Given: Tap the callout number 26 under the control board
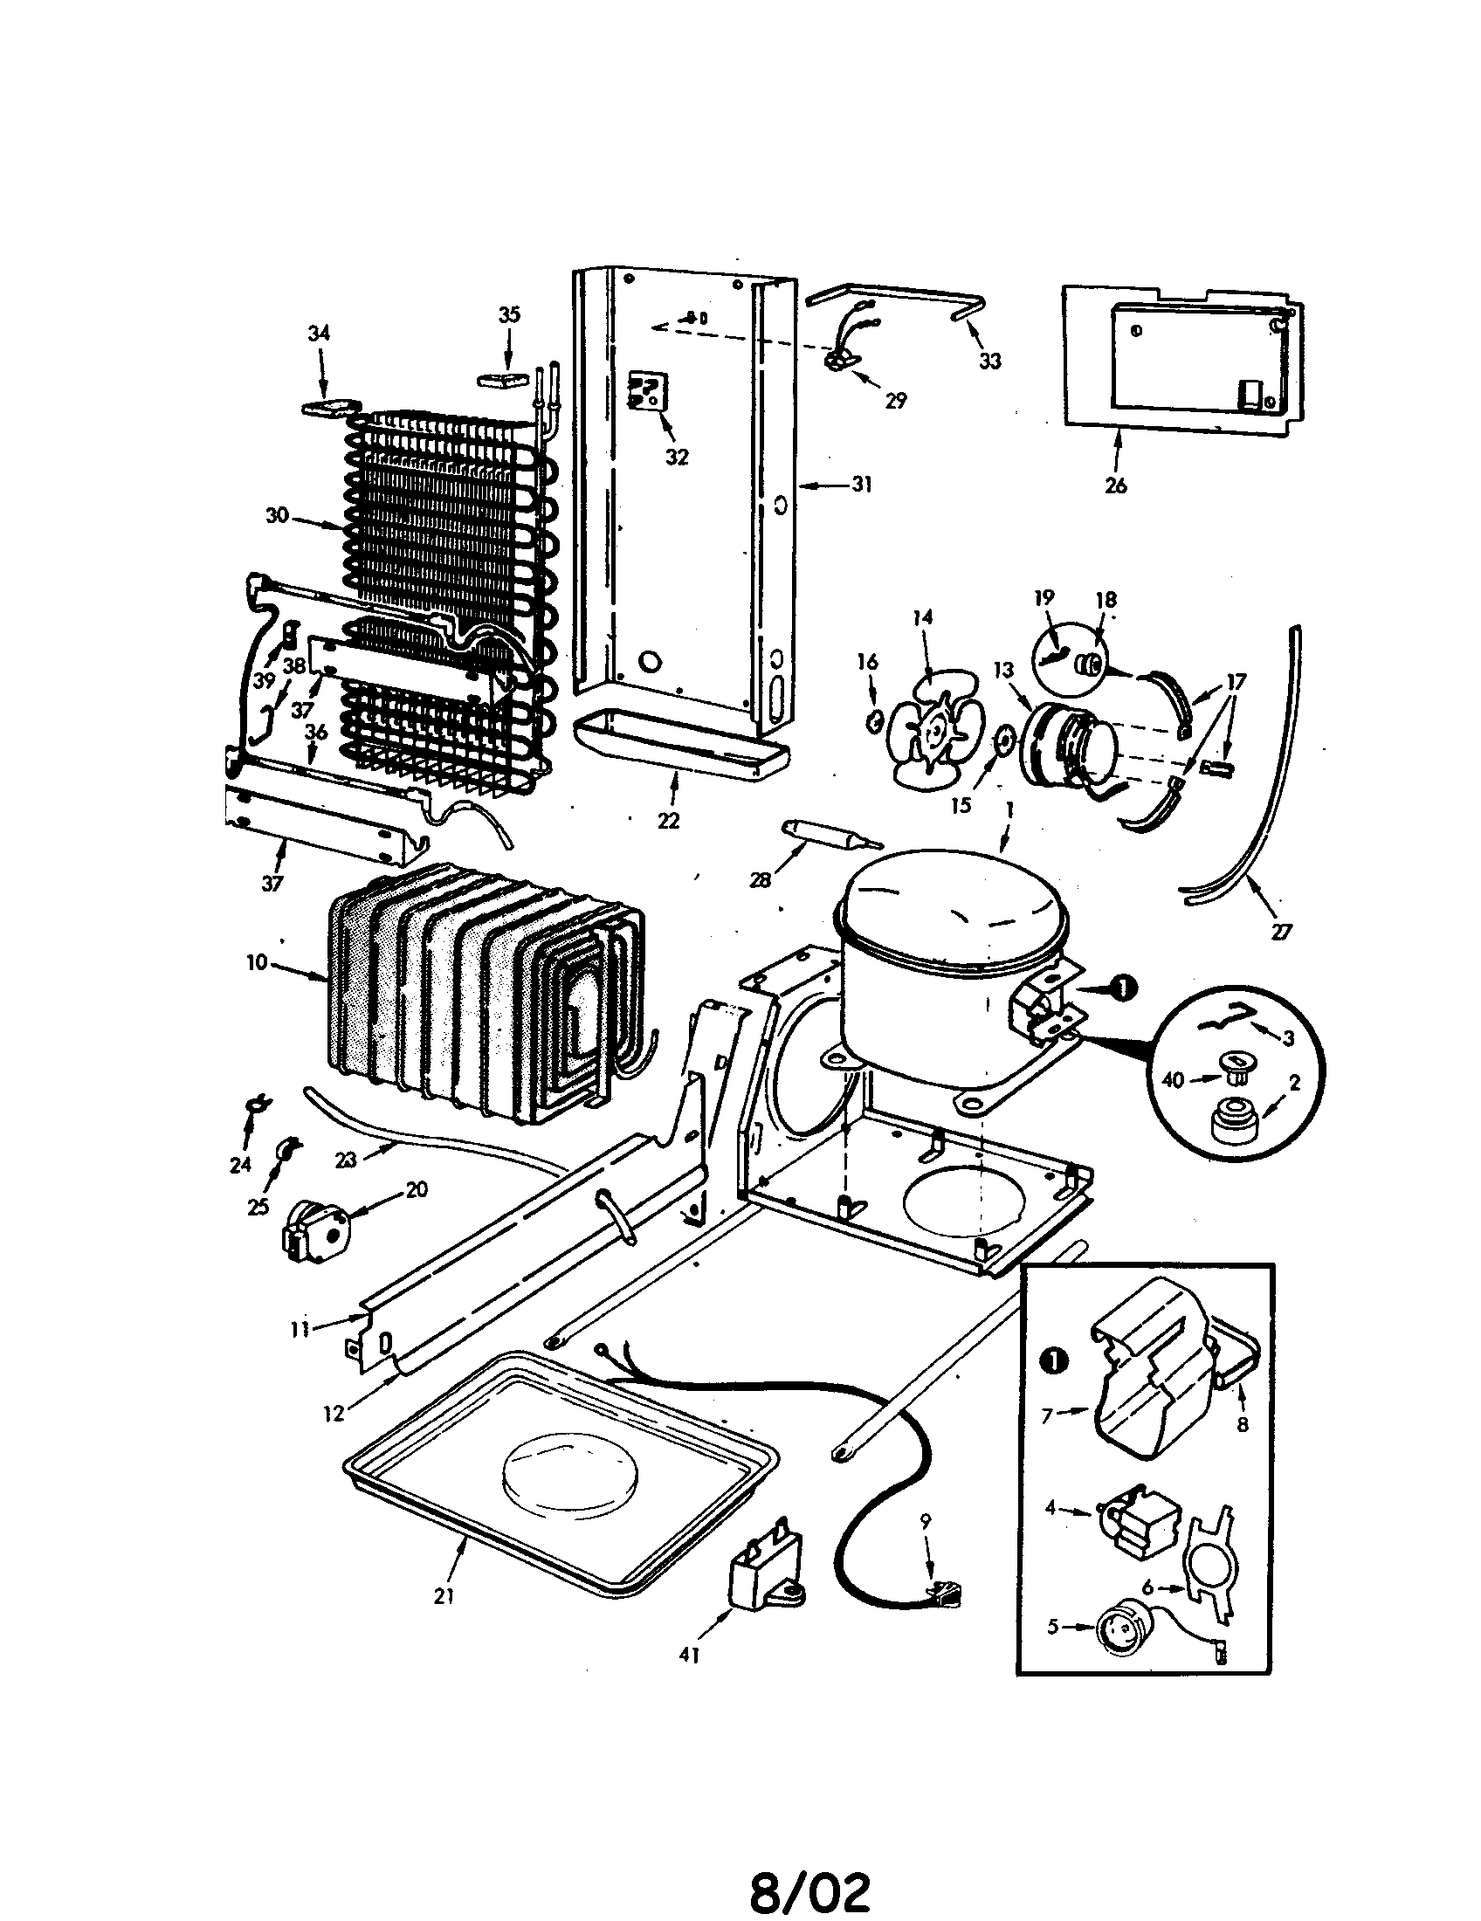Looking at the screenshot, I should tap(1115, 485).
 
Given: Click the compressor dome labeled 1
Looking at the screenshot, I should tap(954, 906).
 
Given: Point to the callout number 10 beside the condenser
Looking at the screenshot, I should tap(256, 962).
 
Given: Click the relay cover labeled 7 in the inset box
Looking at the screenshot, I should tap(1147, 1399).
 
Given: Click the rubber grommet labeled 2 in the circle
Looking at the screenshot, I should tap(1234, 1122).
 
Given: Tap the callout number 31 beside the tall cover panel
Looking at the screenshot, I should tap(862, 484).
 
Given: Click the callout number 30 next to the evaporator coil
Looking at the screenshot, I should tap(277, 515).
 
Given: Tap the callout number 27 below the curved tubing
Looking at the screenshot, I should tap(1281, 932).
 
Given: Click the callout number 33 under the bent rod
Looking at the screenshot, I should tap(989, 361).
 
